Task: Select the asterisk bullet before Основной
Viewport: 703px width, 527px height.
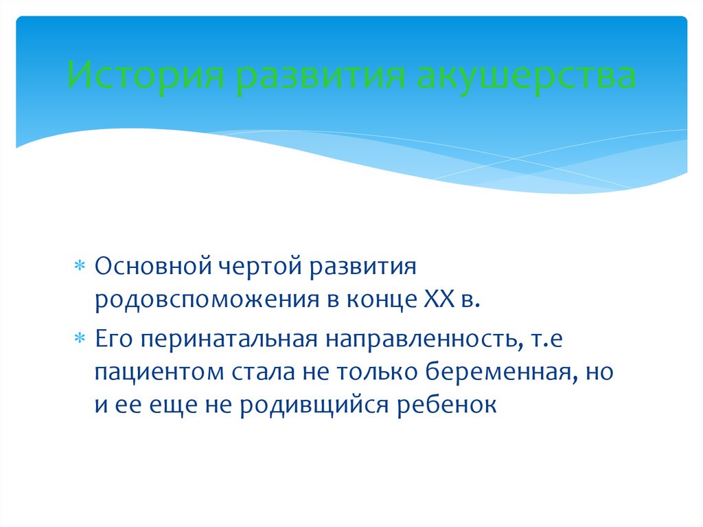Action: pyautogui.click(x=80, y=266)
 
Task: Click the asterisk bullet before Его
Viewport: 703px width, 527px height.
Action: pyautogui.click(x=80, y=338)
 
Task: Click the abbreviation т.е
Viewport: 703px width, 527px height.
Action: pyautogui.click(x=546, y=339)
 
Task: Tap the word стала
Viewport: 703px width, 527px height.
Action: pyautogui.click(x=264, y=372)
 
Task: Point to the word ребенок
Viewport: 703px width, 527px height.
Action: pyautogui.click(x=447, y=405)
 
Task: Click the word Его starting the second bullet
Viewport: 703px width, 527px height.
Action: pyautogui.click(x=114, y=339)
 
